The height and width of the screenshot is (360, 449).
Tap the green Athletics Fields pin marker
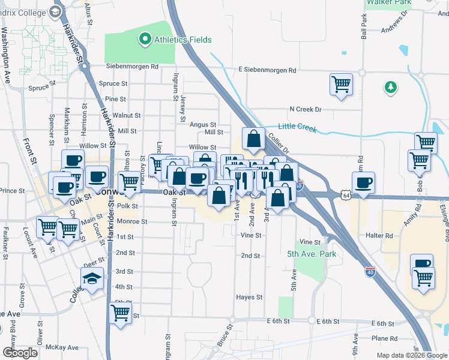coord(145,40)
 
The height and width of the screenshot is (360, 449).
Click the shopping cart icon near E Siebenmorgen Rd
coord(341,84)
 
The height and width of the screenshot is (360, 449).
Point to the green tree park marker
coord(391,88)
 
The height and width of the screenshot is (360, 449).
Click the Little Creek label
coord(297,127)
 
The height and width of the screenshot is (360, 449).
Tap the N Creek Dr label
coord(306,109)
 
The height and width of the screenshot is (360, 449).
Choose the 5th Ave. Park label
coord(311,254)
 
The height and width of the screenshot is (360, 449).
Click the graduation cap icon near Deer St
coord(92,279)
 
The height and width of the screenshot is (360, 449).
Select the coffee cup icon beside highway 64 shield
coord(363,183)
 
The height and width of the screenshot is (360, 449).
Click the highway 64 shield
coord(345,195)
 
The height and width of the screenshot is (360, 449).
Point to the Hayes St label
coord(249,297)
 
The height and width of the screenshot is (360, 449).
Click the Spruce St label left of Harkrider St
coord(40,88)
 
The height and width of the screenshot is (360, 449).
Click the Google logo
coord(20,353)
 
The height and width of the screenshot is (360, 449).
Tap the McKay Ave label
coord(64,347)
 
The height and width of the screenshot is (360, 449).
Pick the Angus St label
coord(203,124)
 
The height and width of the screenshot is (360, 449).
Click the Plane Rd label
coord(384,339)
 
